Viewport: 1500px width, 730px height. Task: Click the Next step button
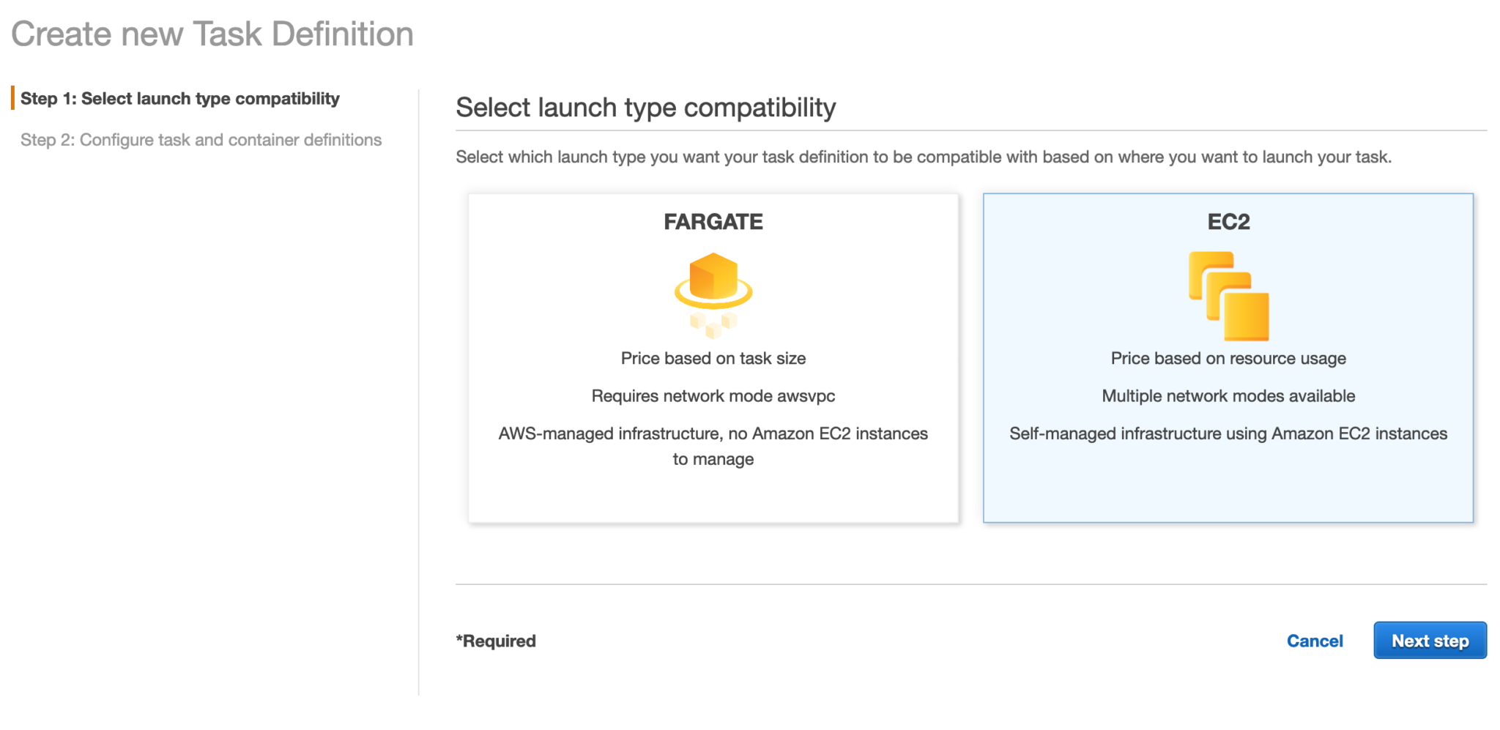1429,641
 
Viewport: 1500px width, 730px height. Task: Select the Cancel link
1315,641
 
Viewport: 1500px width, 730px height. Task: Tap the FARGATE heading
713,222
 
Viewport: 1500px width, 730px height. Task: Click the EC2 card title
1228,222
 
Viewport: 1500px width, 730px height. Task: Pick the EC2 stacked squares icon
1228,296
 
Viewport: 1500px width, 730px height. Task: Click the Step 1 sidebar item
179,99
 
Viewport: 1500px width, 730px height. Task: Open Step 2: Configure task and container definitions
201,140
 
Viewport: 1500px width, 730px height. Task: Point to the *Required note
496,641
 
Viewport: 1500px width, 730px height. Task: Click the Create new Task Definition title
212,34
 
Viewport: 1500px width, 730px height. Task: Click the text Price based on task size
713,359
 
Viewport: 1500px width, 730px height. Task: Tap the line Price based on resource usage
1228,359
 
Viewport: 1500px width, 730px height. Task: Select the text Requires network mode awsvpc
713,396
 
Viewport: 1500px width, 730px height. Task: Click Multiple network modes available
1228,396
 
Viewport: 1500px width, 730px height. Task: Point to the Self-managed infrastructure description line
1228,434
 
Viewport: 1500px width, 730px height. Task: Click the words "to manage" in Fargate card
713,460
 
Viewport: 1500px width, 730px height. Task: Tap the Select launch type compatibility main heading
645,108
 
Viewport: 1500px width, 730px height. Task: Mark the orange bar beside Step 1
12,98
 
